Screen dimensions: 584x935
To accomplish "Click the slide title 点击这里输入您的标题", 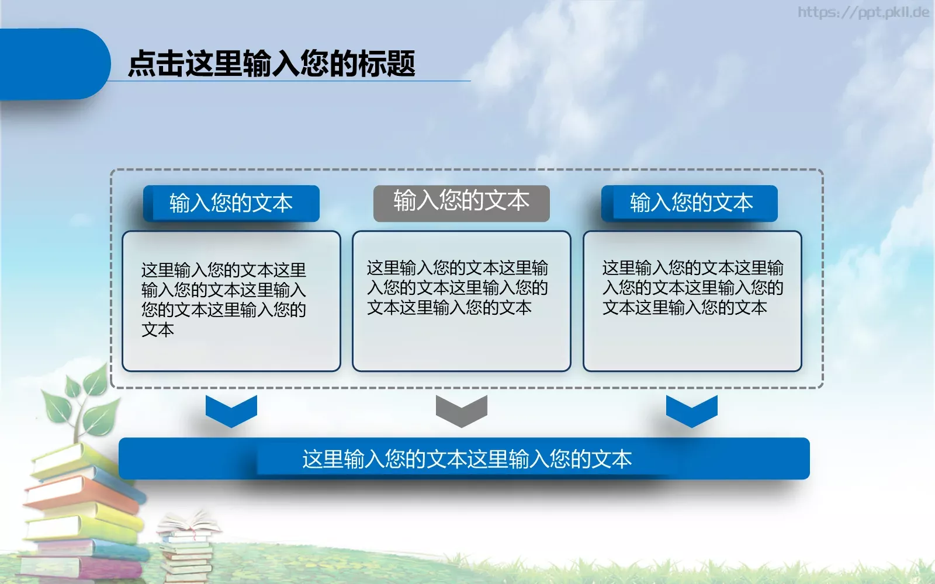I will (x=271, y=63).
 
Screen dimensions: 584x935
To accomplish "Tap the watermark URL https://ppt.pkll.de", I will (x=863, y=12).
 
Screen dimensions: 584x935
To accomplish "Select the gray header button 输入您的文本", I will (x=461, y=201).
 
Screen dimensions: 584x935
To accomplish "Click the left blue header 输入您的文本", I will (x=231, y=203).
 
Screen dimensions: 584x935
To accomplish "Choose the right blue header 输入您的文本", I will (x=691, y=203).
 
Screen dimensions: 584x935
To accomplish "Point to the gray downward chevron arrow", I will (x=461, y=411).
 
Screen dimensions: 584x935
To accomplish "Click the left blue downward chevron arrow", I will (x=231, y=411).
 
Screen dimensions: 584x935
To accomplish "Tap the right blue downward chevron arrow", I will (x=691, y=411).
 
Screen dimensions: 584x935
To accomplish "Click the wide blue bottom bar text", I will (x=466, y=459).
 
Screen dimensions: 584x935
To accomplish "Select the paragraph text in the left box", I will (x=223, y=299).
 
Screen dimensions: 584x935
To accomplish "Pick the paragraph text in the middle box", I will (x=457, y=287).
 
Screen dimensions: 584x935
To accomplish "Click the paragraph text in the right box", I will (x=692, y=287).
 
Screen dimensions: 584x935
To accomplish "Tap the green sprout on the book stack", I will (x=82, y=403).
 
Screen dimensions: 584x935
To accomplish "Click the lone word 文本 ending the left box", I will (x=158, y=330).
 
